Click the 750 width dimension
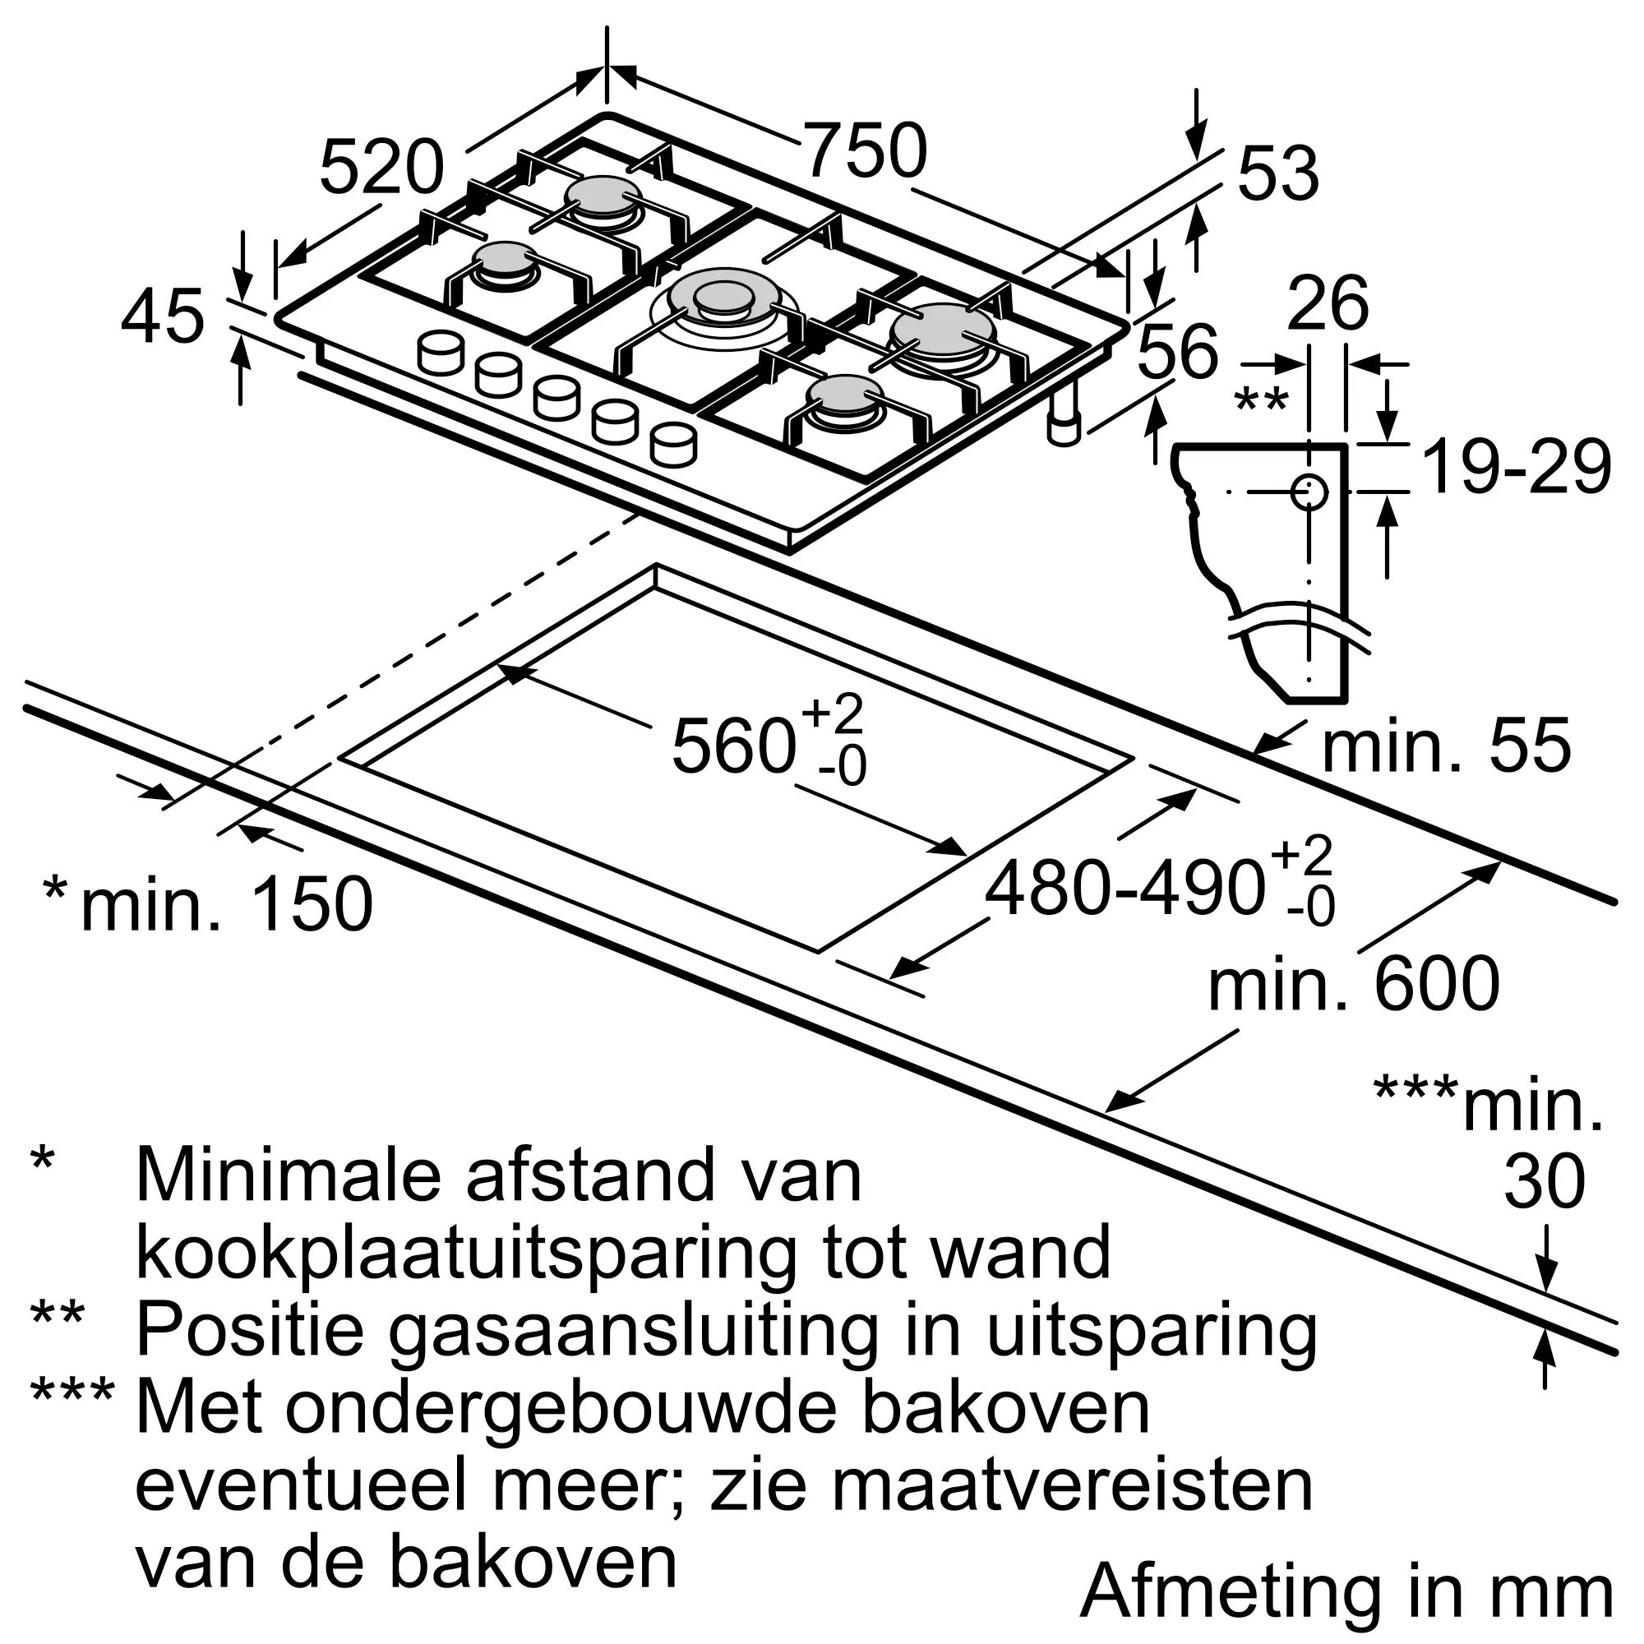865,151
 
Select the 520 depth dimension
381,168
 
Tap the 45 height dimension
163,317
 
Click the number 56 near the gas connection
1178,351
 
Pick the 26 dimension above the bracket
1328,303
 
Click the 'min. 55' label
1446,746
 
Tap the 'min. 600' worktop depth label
1353,985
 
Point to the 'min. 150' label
226,903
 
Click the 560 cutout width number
733,746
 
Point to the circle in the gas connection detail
1309,492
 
